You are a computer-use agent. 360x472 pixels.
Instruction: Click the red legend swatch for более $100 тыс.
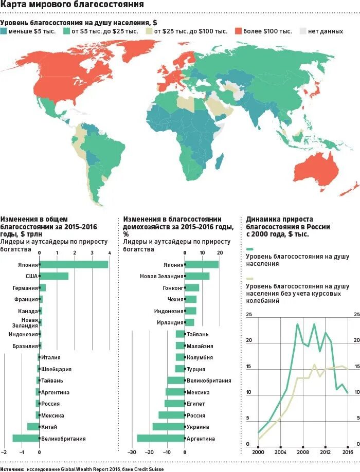click(x=239, y=31)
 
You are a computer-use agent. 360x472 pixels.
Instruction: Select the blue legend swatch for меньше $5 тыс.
click(x=4, y=31)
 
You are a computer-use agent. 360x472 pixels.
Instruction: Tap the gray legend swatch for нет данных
click(x=303, y=31)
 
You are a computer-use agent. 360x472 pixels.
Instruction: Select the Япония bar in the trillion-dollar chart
click(x=74, y=264)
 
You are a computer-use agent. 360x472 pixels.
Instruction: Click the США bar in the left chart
click(x=54, y=276)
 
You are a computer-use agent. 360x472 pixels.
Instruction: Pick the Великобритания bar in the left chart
click(x=26, y=438)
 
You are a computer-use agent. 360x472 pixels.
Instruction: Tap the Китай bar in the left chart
click(x=33, y=426)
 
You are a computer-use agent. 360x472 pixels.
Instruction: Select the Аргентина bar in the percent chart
click(x=161, y=438)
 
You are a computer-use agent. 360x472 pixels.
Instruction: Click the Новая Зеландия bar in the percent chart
click(x=197, y=276)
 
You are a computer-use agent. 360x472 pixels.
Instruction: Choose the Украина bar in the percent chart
click(x=169, y=426)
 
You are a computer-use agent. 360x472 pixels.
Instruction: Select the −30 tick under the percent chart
click(x=132, y=452)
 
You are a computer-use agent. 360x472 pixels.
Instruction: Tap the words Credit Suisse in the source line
click(x=154, y=468)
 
